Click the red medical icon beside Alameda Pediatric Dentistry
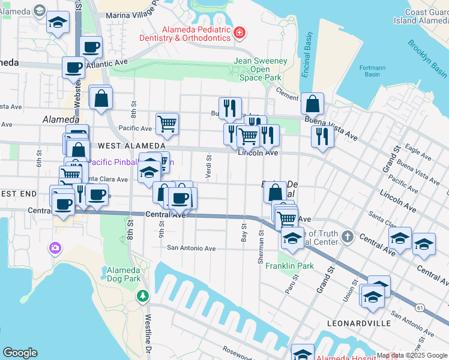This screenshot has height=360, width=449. tap(240, 32)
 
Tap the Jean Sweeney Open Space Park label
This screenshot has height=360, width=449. tap(260, 70)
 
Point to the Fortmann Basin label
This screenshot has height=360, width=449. tap(372, 71)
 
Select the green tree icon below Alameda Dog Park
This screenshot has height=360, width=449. tap(142, 295)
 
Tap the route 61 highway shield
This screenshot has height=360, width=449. tap(419, 307)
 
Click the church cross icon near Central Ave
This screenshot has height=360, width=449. tap(348, 237)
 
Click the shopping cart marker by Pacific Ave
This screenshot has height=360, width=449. tap(167, 123)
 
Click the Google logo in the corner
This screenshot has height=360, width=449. tap(20, 353)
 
